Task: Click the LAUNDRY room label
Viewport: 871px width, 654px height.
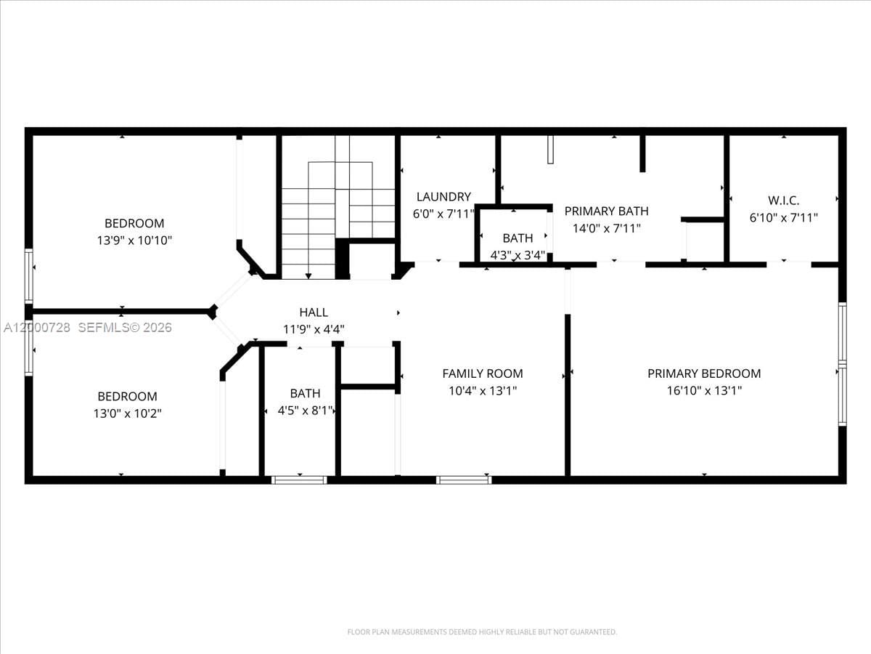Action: [443, 197]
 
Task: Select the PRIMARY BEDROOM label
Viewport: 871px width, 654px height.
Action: [704, 374]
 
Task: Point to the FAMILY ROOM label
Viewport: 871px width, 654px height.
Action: [482, 374]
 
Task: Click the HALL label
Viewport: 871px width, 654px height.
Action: [314, 312]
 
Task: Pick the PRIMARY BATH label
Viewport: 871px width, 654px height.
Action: [606, 211]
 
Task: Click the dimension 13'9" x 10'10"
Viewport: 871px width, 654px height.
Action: [134, 240]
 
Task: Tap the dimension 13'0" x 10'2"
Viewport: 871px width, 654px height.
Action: [128, 413]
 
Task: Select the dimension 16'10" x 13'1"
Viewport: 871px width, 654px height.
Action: [704, 390]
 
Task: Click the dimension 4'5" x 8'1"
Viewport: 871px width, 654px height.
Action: [306, 411]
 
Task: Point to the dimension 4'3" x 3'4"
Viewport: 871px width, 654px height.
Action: [518, 254]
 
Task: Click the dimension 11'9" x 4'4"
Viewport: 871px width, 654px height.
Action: [314, 329]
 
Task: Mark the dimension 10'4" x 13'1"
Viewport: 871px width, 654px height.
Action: [482, 390]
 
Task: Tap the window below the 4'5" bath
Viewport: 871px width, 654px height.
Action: [299, 480]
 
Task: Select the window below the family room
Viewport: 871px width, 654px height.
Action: [464, 480]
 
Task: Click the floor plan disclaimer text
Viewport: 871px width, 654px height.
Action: [482, 632]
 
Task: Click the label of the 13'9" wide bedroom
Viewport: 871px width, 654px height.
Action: [134, 223]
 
